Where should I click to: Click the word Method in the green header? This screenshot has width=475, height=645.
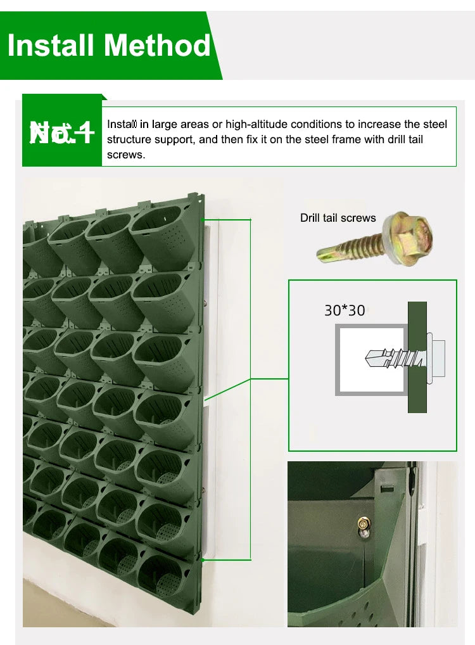click(x=157, y=46)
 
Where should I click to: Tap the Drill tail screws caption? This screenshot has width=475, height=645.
click(x=338, y=218)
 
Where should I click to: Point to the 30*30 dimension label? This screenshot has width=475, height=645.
click(x=345, y=310)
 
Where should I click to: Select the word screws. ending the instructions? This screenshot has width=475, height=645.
click(x=125, y=155)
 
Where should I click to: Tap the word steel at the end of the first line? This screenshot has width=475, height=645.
click(x=435, y=124)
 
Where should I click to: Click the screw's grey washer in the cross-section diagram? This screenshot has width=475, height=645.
click(x=430, y=359)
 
